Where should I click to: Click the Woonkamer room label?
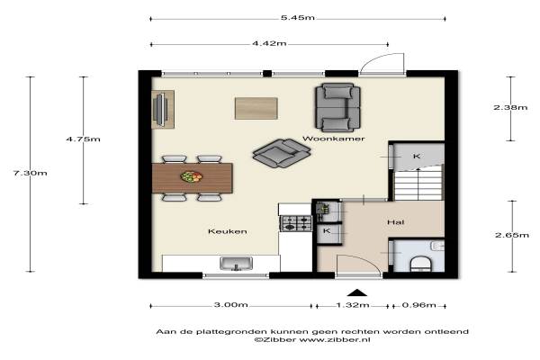pos(333,139)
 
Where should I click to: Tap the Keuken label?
pos(228,231)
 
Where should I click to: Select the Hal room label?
pos(396,222)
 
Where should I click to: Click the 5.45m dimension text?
pos(298,18)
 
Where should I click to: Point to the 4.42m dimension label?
pos(269,43)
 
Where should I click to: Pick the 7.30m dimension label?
pos(31,173)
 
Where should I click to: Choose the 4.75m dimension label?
pos(84,139)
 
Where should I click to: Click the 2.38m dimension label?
pos(510,107)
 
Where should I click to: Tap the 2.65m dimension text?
pos(512,235)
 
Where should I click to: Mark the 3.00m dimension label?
pos(230,305)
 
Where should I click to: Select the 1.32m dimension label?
pos(353,305)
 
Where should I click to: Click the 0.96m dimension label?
pos(419,305)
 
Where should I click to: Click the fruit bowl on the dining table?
pos(192,176)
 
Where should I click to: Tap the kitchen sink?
pos(236,264)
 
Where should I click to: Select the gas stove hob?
pos(296,223)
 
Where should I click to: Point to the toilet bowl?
pos(421,264)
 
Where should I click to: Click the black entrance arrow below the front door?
pos(357,292)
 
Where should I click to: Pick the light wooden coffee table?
pos(256,109)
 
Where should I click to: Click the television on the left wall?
pos(160,109)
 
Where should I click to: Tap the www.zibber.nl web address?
pos(335,339)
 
